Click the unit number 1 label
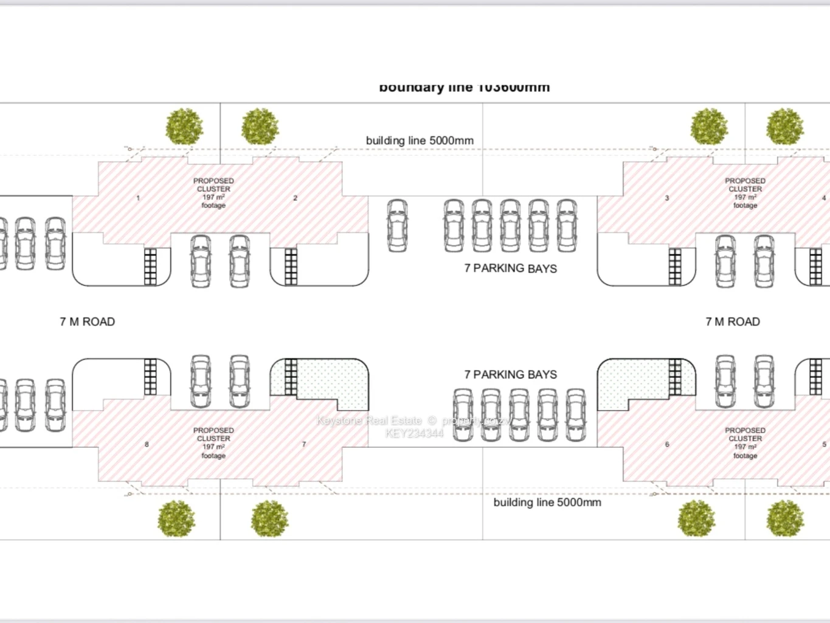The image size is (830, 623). click(138, 198)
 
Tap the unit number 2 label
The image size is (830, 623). click(296, 198)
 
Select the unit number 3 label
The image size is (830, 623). click(667, 198)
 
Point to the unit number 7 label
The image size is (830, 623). click(304, 444)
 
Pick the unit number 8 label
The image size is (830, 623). click(147, 444)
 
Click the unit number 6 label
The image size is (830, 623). click(667, 444)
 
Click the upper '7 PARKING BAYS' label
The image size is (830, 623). click(510, 268)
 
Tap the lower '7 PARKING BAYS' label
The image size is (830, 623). click(510, 375)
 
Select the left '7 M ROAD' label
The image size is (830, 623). click(87, 322)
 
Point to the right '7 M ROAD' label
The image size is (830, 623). click(732, 322)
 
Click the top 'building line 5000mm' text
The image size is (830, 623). click(420, 141)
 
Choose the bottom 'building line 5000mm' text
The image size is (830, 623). click(547, 503)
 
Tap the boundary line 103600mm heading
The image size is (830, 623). click(464, 88)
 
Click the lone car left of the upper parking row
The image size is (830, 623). click(397, 225)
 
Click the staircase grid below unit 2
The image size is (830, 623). click(291, 266)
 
